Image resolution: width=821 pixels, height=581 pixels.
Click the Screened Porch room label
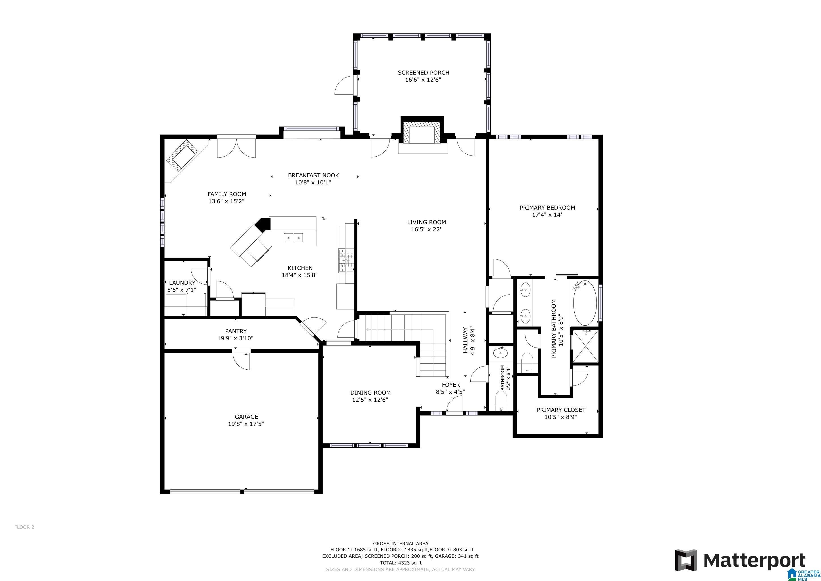tap(423, 73)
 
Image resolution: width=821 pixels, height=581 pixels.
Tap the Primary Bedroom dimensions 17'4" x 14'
tap(547, 215)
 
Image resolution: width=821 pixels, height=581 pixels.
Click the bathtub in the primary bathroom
tap(585, 303)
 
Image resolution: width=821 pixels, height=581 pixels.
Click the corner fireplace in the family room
tap(184, 156)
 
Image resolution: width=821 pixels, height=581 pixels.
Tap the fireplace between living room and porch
tap(422, 134)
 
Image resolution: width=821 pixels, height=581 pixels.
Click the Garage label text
tap(246, 416)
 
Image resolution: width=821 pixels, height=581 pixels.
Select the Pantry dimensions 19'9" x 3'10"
tap(235, 338)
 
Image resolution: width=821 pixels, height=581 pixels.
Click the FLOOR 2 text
tap(24, 527)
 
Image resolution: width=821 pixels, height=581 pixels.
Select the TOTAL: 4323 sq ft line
tap(401, 563)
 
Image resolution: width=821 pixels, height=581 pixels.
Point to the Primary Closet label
tap(561, 410)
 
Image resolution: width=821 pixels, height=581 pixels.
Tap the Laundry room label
tap(182, 283)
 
